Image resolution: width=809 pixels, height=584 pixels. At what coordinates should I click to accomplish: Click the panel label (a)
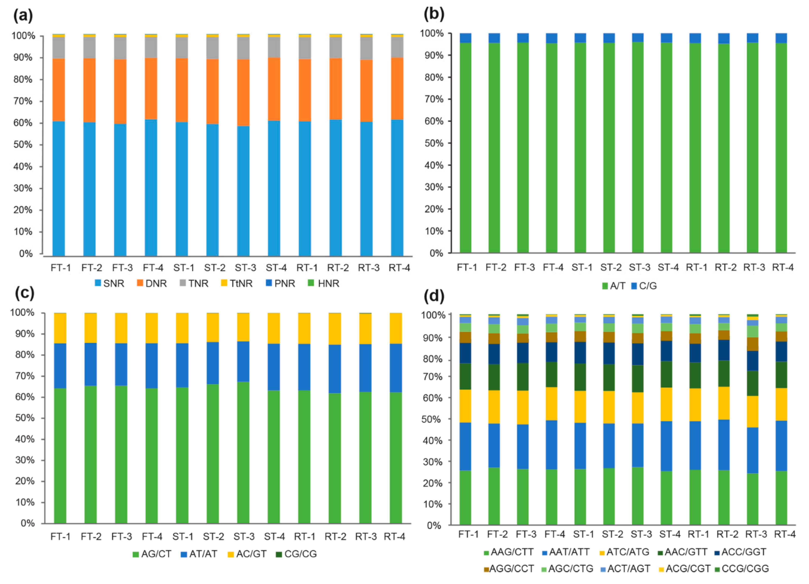coord(23,16)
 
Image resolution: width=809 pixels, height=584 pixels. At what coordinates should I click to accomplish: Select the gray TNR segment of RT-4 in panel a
coord(397,47)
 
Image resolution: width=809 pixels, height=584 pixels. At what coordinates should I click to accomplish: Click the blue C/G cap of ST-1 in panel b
coord(580,38)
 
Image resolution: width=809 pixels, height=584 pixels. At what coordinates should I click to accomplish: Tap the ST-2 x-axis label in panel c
coord(213,537)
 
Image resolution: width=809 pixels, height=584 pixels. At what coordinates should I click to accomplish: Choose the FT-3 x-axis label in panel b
coord(524,267)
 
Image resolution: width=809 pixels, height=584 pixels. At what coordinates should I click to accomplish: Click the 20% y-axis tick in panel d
coord(434,483)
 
